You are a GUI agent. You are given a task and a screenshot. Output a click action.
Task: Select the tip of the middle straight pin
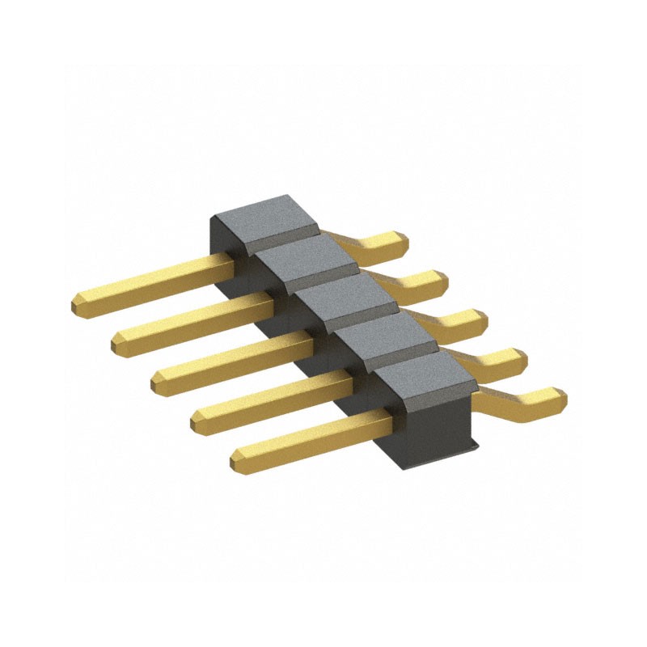pyautogui.click(x=157, y=379)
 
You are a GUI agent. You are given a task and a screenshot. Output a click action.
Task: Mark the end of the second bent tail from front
pyautogui.click(x=518, y=358)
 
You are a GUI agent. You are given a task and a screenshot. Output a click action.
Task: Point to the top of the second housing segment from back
pyautogui.click(x=302, y=257)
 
